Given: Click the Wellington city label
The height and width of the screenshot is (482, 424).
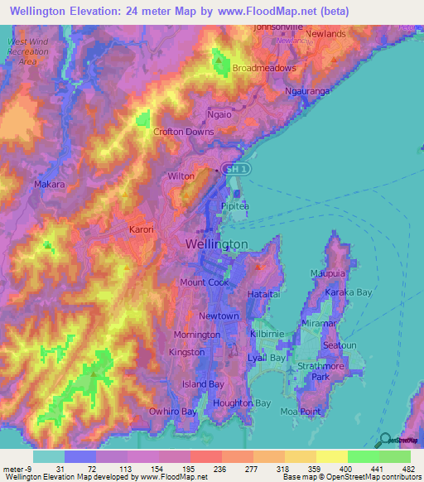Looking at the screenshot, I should click(215, 244).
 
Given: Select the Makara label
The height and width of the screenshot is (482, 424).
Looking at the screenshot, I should click(49, 185).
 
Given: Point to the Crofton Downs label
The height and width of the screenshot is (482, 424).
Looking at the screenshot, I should click(183, 132).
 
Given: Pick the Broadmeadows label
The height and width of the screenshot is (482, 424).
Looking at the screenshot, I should click(264, 68).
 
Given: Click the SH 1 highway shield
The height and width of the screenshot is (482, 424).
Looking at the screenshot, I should click(238, 169).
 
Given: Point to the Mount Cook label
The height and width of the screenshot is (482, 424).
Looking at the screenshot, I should click(204, 282).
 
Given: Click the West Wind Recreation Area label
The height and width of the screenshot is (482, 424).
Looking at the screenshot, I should click(28, 51).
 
